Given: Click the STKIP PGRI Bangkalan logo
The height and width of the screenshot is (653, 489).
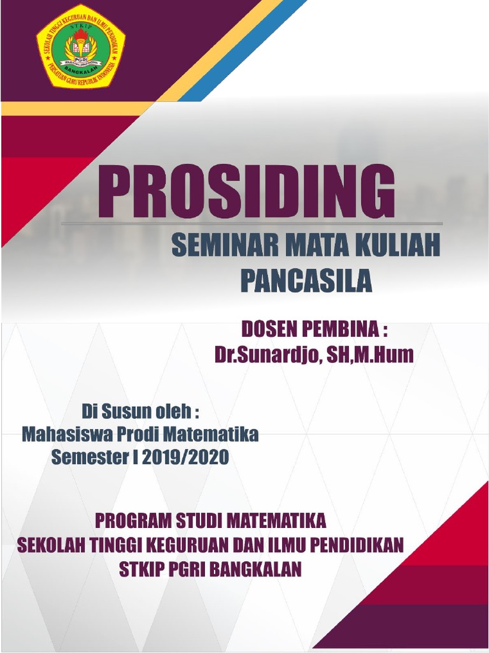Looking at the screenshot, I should (x=80, y=46).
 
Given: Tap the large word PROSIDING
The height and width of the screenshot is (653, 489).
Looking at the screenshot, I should (x=246, y=191).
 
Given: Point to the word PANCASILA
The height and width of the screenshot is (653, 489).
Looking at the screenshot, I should (x=306, y=281).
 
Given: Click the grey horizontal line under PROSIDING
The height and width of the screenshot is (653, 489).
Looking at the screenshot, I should (x=252, y=224).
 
